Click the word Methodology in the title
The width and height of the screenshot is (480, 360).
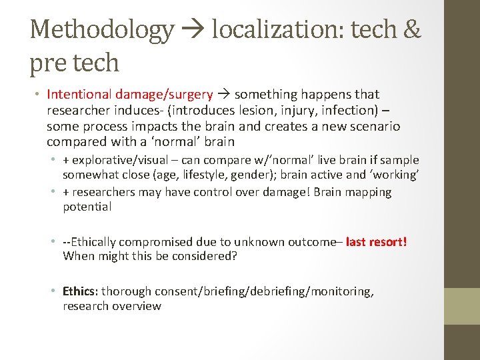(x=102, y=29)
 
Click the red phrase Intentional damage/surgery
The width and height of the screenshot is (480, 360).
(x=130, y=95)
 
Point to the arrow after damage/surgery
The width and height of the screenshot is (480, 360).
(x=223, y=95)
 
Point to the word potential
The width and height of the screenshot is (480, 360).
(x=87, y=207)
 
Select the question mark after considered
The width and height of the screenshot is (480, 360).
(x=237, y=257)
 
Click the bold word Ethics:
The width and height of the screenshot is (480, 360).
(x=81, y=291)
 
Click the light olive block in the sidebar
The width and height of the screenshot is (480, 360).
(x=462, y=306)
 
